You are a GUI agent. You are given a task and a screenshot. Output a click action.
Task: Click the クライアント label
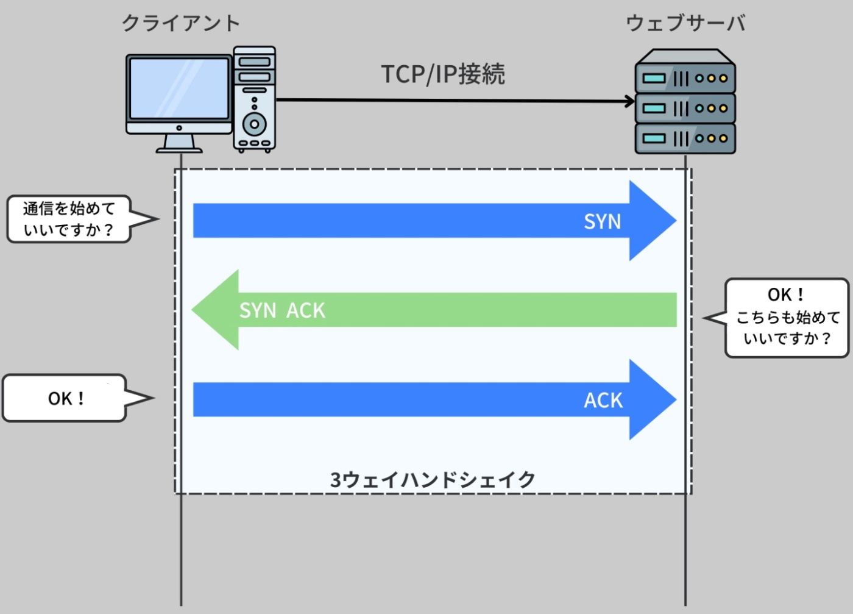(181, 23)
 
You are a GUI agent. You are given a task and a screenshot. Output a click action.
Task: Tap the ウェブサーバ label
(685, 23)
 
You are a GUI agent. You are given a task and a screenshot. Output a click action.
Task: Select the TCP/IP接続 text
(443, 74)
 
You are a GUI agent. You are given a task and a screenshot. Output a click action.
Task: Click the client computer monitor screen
(179, 88)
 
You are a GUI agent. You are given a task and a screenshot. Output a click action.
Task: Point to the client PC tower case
(254, 98)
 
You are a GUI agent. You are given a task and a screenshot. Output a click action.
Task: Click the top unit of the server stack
(685, 77)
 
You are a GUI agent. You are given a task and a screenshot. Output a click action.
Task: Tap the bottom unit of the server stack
(685, 138)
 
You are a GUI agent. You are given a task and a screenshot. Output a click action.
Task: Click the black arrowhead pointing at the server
(629, 101)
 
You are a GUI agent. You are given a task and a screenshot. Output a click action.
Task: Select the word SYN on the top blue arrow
(602, 221)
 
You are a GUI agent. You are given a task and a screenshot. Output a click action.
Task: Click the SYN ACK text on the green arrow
(282, 310)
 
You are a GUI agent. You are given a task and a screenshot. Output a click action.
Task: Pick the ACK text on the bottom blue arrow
(603, 400)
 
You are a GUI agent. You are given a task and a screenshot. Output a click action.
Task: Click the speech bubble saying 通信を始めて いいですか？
(69, 219)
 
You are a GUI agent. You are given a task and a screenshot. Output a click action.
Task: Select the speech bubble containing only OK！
(65, 398)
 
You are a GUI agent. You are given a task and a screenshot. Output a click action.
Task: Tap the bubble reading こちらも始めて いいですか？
(787, 318)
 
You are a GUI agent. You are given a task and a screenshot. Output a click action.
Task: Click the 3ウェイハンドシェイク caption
(433, 480)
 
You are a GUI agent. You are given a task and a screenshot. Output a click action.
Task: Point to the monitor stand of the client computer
(179, 145)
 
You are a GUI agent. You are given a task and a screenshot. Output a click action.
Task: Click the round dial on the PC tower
(254, 124)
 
